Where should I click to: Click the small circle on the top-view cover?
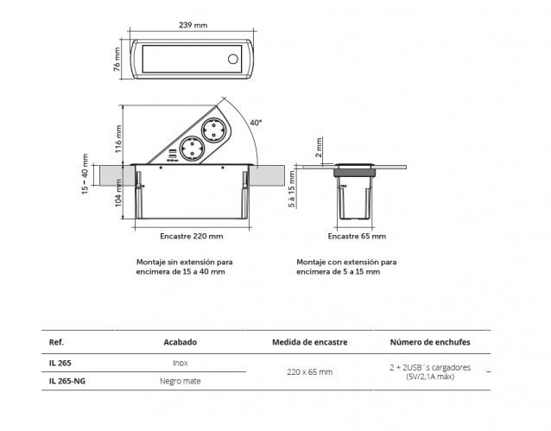[231, 60]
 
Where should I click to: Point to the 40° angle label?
[256, 123]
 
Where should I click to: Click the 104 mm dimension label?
[118, 204]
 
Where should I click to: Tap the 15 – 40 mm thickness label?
[85, 174]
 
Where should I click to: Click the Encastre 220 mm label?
[191, 235]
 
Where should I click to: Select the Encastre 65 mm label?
[357, 235]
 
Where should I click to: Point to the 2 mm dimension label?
[319, 148]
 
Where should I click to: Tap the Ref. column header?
[58, 342]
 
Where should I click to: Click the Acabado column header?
[180, 342]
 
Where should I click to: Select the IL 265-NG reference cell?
[67, 381]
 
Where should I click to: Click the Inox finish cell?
[180, 363]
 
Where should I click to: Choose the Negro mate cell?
[180, 381]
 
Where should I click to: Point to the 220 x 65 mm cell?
[309, 372]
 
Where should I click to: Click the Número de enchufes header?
[430, 342]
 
